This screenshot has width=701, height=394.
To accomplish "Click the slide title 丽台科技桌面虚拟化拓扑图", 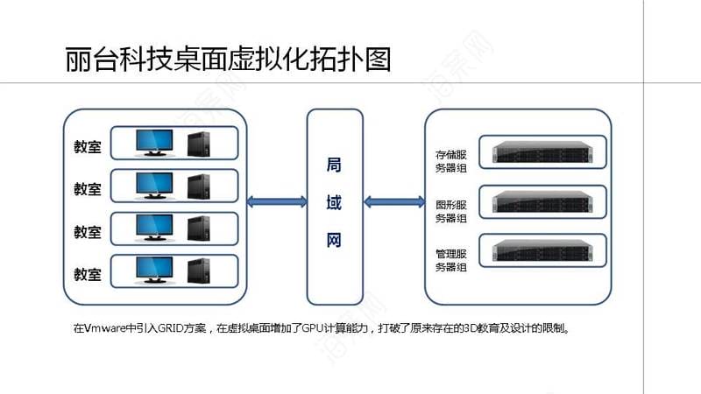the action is (228, 59).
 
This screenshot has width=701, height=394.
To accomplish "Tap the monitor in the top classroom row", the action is (154, 143).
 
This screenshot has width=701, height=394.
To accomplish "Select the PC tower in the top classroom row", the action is (199, 144).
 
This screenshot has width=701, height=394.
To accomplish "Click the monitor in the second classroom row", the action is (154, 186).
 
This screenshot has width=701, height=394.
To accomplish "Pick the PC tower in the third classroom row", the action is (199, 229).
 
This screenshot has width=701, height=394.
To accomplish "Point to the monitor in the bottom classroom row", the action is (154, 271).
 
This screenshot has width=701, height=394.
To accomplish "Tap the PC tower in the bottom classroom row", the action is (199, 271).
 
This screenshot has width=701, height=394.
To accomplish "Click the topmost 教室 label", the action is (88, 146).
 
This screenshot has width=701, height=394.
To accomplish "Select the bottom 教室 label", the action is (88, 274).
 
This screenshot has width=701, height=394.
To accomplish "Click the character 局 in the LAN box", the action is (334, 165).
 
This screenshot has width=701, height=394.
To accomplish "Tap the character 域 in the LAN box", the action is (334, 202).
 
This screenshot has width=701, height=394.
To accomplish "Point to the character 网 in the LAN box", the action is (334, 240).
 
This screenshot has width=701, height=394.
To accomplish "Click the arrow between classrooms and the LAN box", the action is (277, 202).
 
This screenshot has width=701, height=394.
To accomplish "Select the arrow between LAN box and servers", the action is (394, 202).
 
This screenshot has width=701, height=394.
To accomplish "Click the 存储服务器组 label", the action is (451, 161).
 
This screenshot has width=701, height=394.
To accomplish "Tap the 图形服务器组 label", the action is (451, 211).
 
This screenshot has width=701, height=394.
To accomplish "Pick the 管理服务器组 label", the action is (451, 260).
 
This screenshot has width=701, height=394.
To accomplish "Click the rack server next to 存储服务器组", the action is (542, 151).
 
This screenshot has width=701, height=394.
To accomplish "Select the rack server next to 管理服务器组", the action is (542, 250).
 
